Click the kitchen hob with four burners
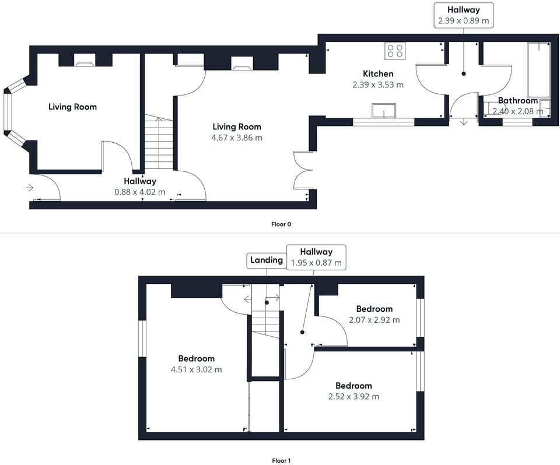[x=395, y=51]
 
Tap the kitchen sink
[x=384, y=110]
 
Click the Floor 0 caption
[x=281, y=224]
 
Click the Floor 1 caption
[x=281, y=460]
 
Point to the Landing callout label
[x=267, y=260]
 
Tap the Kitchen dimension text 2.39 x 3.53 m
[x=378, y=85]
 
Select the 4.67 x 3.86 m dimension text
[x=237, y=138]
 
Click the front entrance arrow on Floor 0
[x=29, y=188]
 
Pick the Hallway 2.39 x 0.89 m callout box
[x=464, y=15]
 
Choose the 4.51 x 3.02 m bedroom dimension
[x=197, y=369]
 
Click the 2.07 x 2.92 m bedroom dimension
[x=374, y=320]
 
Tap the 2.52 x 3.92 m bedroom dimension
[x=353, y=396]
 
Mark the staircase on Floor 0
[x=159, y=142]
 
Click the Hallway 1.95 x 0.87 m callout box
[x=316, y=258]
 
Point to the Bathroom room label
[x=518, y=101]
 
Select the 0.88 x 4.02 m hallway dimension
[x=140, y=192]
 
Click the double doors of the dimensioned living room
[x=303, y=170]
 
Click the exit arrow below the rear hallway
[x=464, y=122]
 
